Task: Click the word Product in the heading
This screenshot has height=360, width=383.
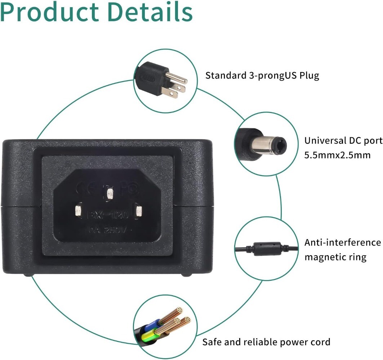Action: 49,12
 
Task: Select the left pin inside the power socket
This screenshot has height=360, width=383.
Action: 78,211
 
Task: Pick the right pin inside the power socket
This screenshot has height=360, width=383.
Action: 138,210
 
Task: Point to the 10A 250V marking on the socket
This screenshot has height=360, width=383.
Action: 107,230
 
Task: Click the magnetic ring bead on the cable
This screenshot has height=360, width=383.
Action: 267,248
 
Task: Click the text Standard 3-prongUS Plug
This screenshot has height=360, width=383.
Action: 262,76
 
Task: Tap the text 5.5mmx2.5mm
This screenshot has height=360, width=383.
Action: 332,155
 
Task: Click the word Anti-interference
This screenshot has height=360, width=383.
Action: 342,243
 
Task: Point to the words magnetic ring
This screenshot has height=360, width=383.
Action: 335,257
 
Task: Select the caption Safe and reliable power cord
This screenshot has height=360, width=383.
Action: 266,342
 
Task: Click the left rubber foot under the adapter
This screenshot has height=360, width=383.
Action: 29,275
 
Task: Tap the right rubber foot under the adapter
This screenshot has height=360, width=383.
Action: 186,275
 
